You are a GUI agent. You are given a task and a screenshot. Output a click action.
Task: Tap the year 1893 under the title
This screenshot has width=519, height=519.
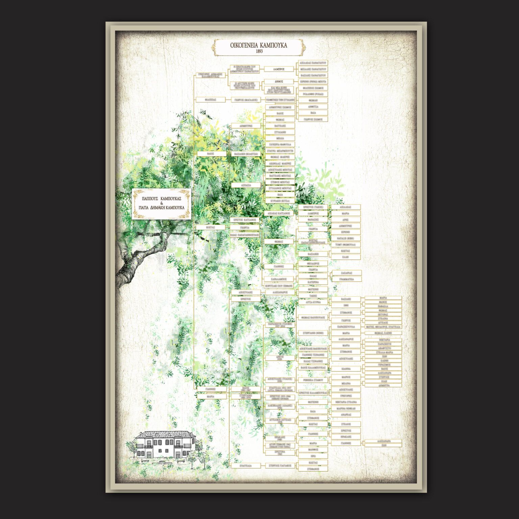click(x=259, y=51)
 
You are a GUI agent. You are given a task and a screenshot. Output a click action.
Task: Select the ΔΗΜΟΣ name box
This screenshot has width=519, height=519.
click(x=279, y=81)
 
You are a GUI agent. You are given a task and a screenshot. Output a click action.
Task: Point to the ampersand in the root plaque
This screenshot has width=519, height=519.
click(x=162, y=203)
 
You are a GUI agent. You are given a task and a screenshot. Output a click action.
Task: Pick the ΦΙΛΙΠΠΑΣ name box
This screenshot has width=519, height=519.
click(x=211, y=100)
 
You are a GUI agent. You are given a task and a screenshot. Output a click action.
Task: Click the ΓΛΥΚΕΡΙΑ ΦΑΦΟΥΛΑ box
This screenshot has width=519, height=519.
click(x=280, y=145)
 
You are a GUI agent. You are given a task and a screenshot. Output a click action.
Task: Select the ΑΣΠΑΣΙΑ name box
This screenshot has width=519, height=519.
click(x=246, y=186)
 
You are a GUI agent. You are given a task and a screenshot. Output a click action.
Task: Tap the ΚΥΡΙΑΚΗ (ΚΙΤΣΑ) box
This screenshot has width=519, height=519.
click(x=280, y=201)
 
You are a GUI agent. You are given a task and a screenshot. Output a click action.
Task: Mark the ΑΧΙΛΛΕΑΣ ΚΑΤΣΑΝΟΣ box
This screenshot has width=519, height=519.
click(x=279, y=214)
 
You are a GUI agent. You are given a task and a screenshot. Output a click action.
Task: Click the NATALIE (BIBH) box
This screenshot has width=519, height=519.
click(x=345, y=238)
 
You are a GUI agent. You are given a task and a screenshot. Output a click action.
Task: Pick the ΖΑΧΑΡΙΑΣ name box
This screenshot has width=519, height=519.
click(x=346, y=273)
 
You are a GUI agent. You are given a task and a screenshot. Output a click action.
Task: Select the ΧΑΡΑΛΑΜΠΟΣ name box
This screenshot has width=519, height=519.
click(x=279, y=279)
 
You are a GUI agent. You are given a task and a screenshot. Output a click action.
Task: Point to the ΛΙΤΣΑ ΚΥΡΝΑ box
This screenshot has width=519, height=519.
click(x=313, y=302)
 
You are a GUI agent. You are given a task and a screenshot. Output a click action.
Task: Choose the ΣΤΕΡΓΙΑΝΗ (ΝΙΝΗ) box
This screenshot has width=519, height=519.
click(x=313, y=333)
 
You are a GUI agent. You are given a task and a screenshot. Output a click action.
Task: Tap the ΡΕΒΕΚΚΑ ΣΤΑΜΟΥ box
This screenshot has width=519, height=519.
click(x=313, y=380)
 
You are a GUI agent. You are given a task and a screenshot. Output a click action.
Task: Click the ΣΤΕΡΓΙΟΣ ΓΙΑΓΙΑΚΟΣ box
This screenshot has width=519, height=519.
click(x=280, y=466)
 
